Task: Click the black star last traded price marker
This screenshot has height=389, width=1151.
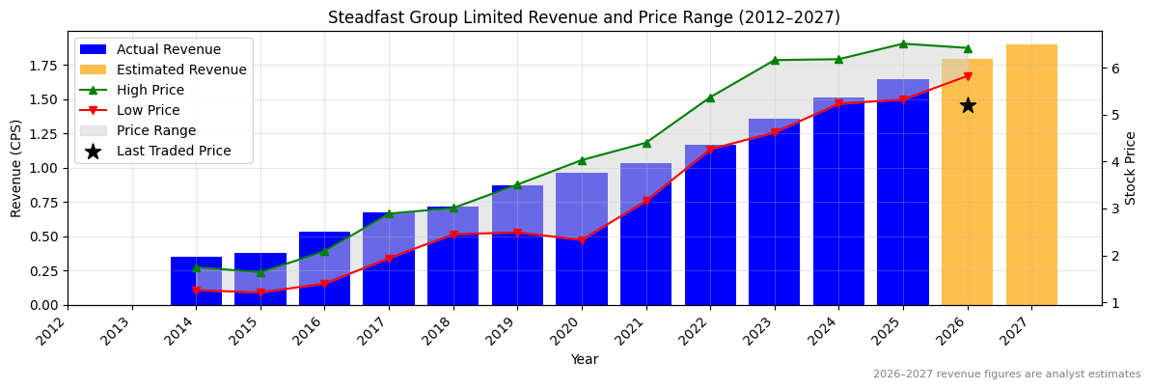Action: [967, 105]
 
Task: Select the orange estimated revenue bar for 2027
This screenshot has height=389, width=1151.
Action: [1031, 175]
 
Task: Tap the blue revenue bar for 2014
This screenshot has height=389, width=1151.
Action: [196, 281]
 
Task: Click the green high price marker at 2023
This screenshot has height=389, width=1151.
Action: [774, 60]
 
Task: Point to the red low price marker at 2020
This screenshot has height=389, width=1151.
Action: [581, 240]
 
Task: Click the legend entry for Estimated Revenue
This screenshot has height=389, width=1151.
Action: [181, 69]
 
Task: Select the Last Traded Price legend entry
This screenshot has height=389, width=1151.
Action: [174, 151]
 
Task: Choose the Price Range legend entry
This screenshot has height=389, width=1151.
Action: [155, 130]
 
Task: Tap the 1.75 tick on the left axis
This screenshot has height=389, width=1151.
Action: [44, 66]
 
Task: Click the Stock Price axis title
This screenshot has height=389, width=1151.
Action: [1132, 168]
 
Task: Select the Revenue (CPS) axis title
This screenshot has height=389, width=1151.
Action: [16, 168]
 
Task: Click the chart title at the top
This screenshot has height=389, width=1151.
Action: [584, 17]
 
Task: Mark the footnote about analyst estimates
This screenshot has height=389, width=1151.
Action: [1006, 375]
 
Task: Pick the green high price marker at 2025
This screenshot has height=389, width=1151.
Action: [903, 43]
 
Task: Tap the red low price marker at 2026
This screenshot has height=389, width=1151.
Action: [967, 76]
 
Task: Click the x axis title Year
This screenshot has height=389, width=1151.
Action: [584, 360]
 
